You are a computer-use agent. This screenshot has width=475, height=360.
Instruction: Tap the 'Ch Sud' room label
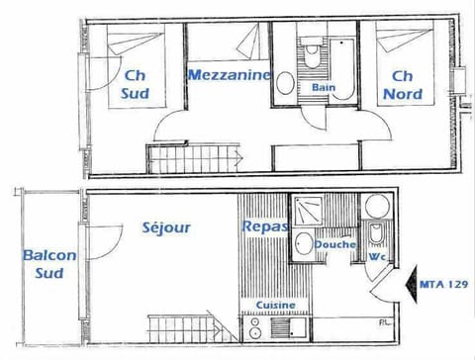click(136, 84)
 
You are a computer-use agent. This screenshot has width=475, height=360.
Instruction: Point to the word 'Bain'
click(323, 87)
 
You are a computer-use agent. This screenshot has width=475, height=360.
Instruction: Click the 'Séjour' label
click(166, 227)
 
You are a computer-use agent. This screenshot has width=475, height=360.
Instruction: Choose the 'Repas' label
click(264, 226)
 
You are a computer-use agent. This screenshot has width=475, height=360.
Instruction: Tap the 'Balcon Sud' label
click(49, 264)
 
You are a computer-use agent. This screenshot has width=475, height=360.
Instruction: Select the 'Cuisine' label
click(273, 306)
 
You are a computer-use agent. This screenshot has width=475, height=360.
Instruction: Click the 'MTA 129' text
click(442, 283)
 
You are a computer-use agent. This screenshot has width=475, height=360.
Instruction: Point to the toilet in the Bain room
click(312, 50)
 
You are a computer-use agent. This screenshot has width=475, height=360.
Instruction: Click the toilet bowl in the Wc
click(376, 234)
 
